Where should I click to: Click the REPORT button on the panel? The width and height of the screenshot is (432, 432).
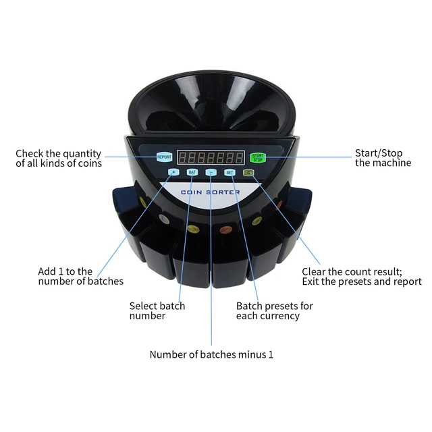tap(164, 157)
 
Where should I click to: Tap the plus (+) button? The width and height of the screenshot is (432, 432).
tap(173, 172)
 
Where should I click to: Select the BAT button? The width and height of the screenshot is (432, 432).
tap(192, 173)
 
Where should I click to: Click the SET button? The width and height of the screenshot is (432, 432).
tap(230, 173)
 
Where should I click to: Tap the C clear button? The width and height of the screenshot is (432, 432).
tap(248, 172)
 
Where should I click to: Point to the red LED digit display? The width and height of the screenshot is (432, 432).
tap(211, 157)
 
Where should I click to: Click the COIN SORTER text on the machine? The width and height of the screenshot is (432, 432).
tap(211, 192)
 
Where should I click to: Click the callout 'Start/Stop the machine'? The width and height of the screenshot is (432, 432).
tap(383, 158)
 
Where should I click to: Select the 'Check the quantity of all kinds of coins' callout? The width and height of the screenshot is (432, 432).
tap(59, 158)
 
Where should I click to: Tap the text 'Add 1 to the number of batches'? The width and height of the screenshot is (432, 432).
tap(80, 276)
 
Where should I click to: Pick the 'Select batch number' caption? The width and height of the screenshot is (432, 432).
tap(157, 310)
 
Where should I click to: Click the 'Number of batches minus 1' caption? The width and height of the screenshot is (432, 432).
tap(211, 354)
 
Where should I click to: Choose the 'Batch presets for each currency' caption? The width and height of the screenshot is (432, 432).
tap(274, 310)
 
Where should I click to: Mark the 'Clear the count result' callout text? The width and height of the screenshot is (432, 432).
tap(361, 276)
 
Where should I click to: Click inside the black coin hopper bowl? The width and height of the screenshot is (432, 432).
tap(211, 101)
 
